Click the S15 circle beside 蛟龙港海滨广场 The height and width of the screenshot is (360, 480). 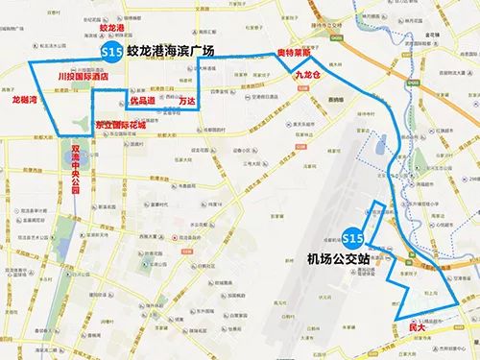tap(111, 51)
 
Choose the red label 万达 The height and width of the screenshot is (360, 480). tap(187, 99)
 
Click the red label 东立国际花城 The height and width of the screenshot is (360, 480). tap(122, 125)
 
